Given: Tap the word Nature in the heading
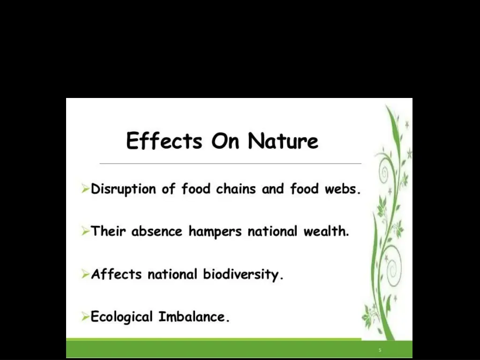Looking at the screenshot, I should pyautogui.click(x=283, y=141).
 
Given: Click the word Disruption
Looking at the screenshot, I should pyautogui.click(x=123, y=189).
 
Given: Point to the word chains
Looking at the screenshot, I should pyautogui.click(x=236, y=189).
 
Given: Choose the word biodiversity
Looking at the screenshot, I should pyautogui.click(x=243, y=274).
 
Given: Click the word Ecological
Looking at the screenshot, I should pyautogui.click(x=122, y=317).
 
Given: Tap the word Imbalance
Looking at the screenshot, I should pyautogui.click(x=194, y=317).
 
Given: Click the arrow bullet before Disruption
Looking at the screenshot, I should pyautogui.click(x=85, y=189).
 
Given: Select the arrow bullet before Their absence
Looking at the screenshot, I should pyautogui.click(x=85, y=232).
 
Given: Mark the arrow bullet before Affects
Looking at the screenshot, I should pyautogui.click(x=85, y=274).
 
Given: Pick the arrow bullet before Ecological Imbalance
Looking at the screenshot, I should pyautogui.click(x=85, y=317).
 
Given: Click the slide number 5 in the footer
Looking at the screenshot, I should pyautogui.click(x=380, y=350).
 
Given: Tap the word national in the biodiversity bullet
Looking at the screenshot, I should pyautogui.click(x=172, y=274).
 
